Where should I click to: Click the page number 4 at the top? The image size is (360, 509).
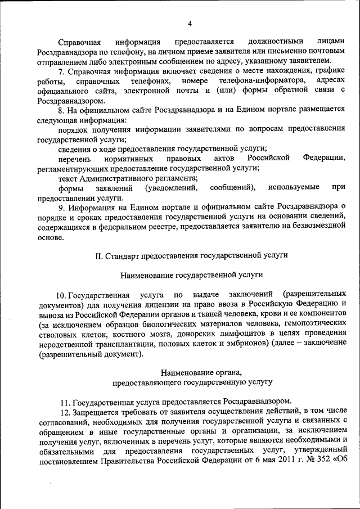click(x=190, y=23)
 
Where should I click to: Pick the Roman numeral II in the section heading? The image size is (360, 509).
click(x=98, y=256)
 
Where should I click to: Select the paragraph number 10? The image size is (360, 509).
click(x=61, y=295)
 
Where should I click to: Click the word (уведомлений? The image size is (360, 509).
click(x=171, y=187)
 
